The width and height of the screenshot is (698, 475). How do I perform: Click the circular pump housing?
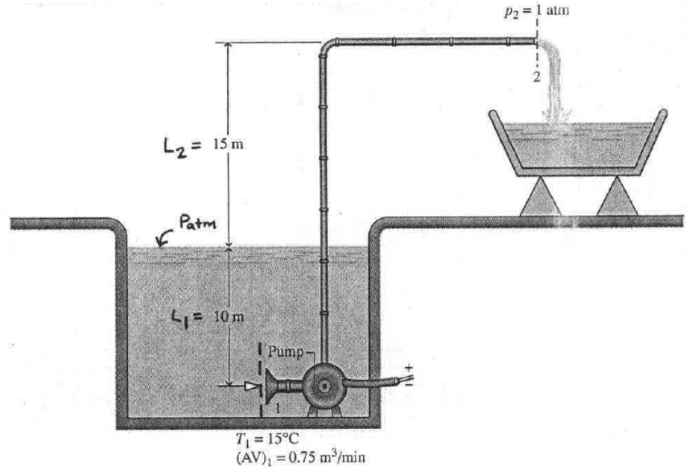click(324, 384)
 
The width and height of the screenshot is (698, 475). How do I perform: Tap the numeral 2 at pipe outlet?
click(535, 78)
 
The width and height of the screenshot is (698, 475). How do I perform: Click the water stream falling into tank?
click(554, 82)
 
